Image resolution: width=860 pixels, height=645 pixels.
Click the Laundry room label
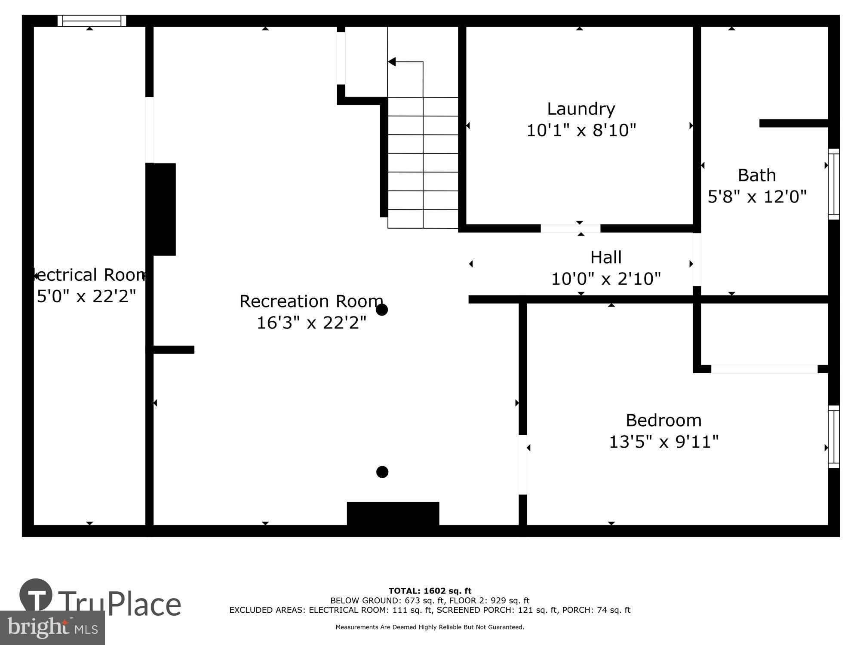pos(580,109)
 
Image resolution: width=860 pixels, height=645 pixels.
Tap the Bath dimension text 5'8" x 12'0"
pos(757,197)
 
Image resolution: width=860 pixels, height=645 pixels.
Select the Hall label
pos(605,258)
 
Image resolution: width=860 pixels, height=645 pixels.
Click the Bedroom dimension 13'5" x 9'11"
pos(663,442)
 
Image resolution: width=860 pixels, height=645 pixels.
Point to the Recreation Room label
pos(311,301)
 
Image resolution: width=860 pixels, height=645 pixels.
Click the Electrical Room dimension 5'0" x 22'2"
pos(86,296)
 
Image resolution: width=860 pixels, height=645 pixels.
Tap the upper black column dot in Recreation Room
pos(382,310)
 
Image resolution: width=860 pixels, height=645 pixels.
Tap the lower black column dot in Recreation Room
pos(382,472)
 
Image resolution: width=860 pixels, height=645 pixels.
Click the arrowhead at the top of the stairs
pos(392,62)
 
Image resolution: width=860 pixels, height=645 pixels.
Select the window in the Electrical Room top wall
pos(92,21)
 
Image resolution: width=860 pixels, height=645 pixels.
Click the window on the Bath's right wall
pos(833,184)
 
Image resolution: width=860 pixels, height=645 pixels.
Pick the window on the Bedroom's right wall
pos(833,436)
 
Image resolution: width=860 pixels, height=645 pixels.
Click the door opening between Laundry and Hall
pos(570,228)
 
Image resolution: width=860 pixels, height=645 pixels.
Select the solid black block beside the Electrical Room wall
pos(164,209)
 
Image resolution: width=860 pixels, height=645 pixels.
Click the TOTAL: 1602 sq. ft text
pos(430,591)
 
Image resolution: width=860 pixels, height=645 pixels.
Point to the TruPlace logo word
pos(119,604)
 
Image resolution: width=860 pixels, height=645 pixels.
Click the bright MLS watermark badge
pos(52,628)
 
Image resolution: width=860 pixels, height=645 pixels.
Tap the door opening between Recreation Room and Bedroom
pos(522,464)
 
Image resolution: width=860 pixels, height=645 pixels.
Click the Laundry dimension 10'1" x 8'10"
pos(580,130)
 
